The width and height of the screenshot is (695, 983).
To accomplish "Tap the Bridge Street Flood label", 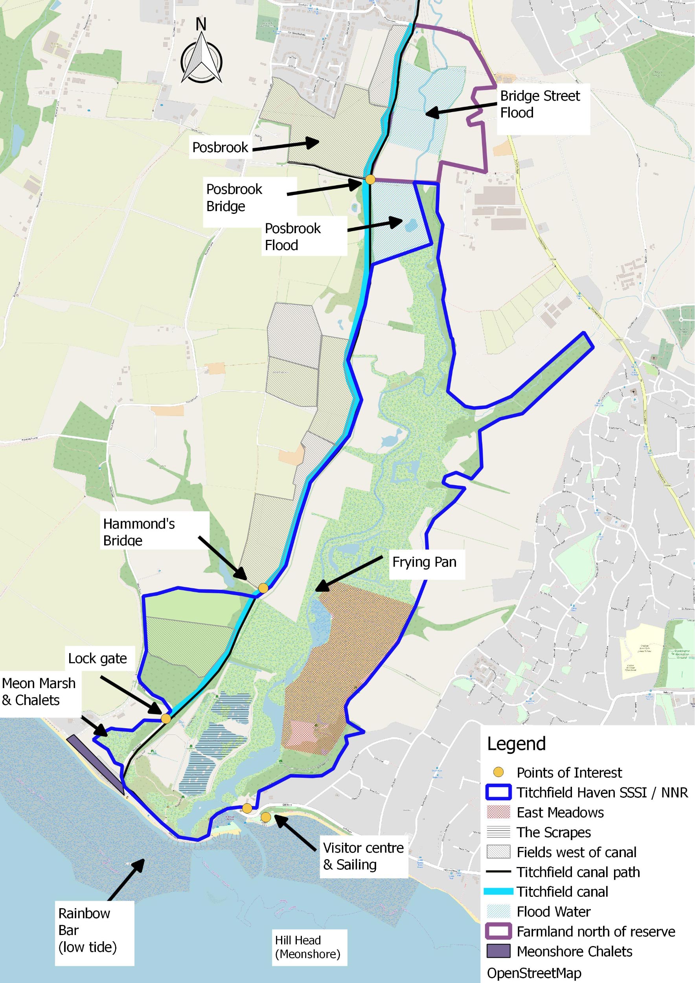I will pyautogui.click(x=540, y=105).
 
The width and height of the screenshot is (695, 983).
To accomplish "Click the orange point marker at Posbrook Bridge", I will pyautogui.click(x=370, y=179).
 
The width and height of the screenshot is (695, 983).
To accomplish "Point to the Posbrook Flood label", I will pyautogui.click(x=293, y=237).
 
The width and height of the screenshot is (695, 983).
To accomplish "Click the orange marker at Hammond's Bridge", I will pyautogui.click(x=263, y=588).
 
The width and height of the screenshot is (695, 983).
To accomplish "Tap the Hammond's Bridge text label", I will pyautogui.click(x=139, y=532).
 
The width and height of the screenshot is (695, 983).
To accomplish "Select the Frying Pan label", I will pyautogui.click(x=424, y=562).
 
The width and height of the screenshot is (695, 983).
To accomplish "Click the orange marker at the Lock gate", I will pyautogui.click(x=166, y=718).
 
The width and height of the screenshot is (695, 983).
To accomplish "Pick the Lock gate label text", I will pyautogui.click(x=97, y=659).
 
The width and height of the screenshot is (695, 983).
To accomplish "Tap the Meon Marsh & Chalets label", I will pyautogui.click(x=39, y=691).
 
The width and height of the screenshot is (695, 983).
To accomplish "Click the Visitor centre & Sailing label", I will pyautogui.click(x=363, y=856).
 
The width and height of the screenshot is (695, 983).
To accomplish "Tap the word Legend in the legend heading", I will pyautogui.click(x=516, y=744).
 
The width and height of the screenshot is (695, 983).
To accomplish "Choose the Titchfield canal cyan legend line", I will pyautogui.click(x=498, y=892).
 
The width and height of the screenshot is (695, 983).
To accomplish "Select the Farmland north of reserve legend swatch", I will pyautogui.click(x=498, y=931).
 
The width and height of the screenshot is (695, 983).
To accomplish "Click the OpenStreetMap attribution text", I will pyautogui.click(x=534, y=973).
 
